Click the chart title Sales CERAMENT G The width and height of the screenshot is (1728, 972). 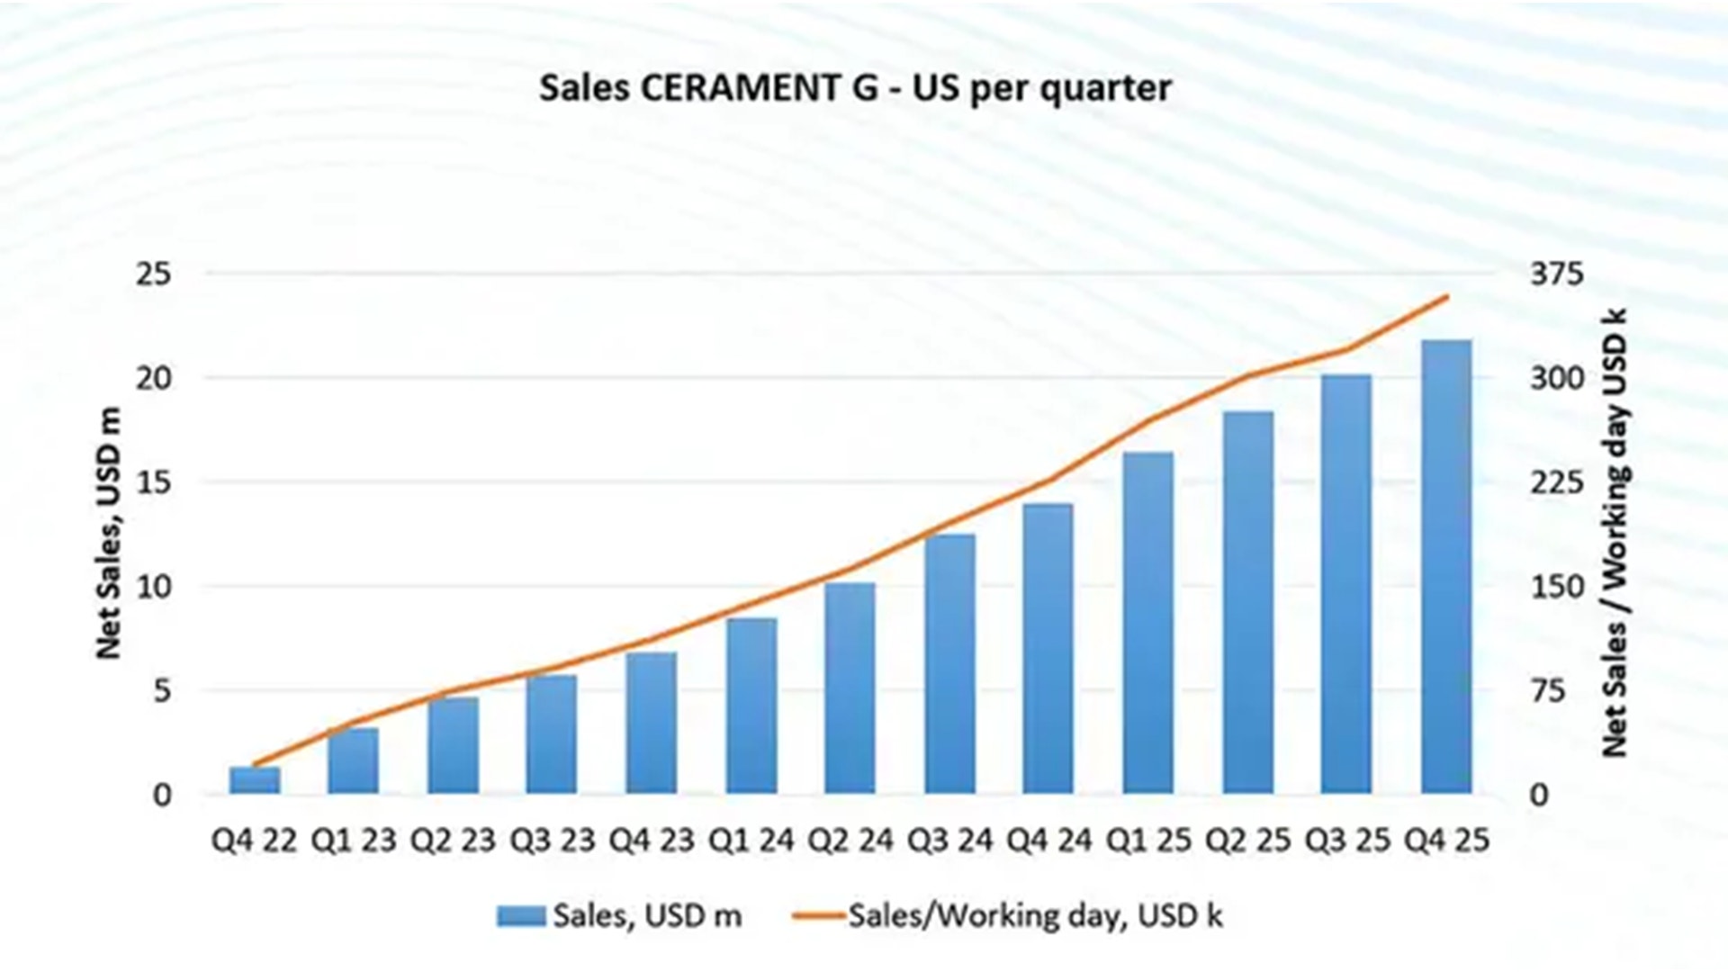click(x=855, y=88)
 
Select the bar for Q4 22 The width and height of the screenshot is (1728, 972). click(x=255, y=780)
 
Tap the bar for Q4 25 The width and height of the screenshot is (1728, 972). click(x=1446, y=567)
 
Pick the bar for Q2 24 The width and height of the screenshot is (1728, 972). click(x=850, y=688)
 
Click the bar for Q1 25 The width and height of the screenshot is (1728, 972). click(x=1148, y=623)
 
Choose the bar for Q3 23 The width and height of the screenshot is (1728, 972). click(x=552, y=734)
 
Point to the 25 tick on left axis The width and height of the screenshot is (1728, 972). click(x=153, y=274)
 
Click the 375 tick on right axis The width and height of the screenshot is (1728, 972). click(x=1557, y=274)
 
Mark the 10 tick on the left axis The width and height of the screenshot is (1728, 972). click(x=153, y=587)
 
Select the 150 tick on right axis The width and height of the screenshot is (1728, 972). click(x=1557, y=587)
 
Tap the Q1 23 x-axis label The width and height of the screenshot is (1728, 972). click(x=354, y=841)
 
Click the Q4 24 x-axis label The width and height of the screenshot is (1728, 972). click(x=1048, y=841)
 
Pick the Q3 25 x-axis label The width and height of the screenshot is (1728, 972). click(x=1347, y=841)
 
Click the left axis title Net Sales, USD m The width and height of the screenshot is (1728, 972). click(x=108, y=533)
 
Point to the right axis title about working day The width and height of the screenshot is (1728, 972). click(x=1615, y=533)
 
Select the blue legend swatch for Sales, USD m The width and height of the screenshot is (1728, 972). click(x=521, y=916)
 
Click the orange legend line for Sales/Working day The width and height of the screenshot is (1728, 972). click(x=819, y=916)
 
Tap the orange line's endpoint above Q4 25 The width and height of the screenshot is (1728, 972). click(x=1447, y=296)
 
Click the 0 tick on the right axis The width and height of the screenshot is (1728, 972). click(x=1540, y=796)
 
